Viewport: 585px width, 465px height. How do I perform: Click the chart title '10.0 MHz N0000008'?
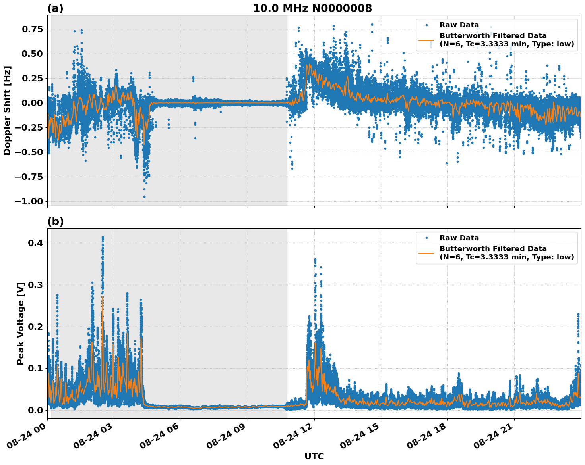click(312, 8)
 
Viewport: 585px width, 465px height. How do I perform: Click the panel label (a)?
click(55, 8)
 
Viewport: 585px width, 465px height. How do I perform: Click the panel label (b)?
click(55, 221)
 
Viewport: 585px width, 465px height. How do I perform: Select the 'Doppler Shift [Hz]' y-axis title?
click(7, 110)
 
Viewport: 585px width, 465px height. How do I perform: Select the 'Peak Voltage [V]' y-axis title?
click(21, 323)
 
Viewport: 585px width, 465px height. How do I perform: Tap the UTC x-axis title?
click(314, 456)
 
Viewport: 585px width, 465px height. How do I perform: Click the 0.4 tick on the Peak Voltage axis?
click(35, 243)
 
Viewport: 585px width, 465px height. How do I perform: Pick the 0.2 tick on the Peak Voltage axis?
click(35, 327)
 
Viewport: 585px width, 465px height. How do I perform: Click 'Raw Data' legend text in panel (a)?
click(459, 25)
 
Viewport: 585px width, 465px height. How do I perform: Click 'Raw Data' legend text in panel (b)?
click(459, 238)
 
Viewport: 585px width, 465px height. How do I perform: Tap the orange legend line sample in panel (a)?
click(426, 40)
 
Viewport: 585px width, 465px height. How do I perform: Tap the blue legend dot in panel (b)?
click(426, 238)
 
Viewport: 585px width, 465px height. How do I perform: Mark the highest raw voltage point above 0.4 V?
click(103, 237)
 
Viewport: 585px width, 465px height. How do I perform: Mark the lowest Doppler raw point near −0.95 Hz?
click(144, 197)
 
